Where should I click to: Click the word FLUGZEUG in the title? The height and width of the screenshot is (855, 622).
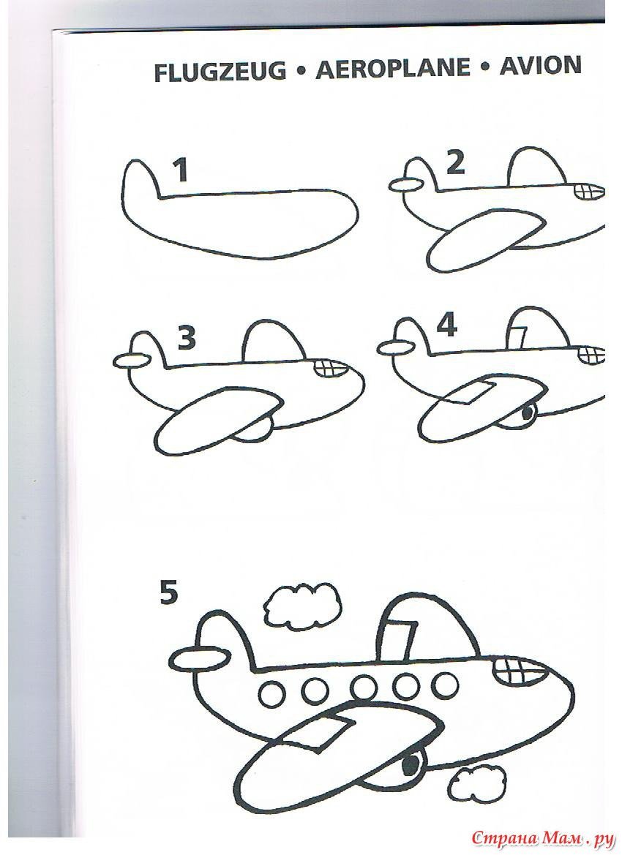220,72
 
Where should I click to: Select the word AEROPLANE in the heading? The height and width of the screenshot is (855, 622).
393,69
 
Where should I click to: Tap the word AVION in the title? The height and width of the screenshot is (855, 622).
540,66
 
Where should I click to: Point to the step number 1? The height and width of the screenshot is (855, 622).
181,170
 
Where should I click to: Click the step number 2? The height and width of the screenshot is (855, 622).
455,163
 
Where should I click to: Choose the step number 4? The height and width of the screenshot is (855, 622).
446,325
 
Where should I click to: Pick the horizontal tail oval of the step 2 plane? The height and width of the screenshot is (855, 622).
406,185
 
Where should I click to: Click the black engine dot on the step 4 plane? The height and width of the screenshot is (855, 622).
527,413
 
